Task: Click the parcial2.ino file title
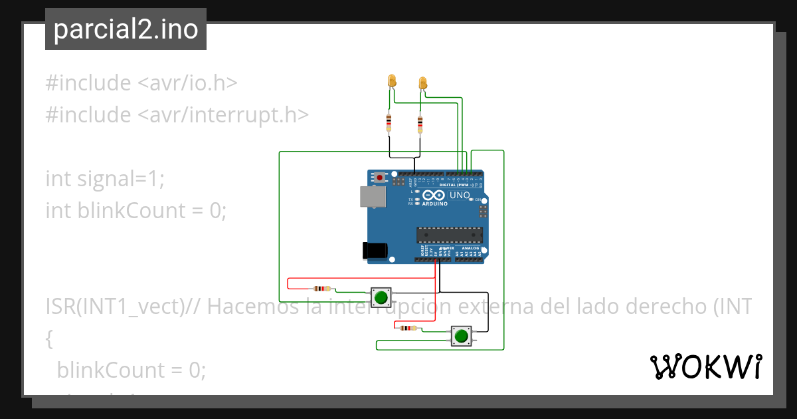pos(126,29)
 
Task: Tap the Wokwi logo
pos(705,366)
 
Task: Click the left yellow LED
pos(392,81)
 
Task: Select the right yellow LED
pos(423,83)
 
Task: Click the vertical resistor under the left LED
pos(389,122)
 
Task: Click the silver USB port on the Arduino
pos(372,196)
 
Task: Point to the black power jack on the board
pos(375,250)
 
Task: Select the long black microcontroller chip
pos(448,234)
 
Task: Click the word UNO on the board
pos(460,196)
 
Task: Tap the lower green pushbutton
pos(461,336)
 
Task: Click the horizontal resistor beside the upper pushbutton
pos(322,289)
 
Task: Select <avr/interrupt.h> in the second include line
pos(223,115)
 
